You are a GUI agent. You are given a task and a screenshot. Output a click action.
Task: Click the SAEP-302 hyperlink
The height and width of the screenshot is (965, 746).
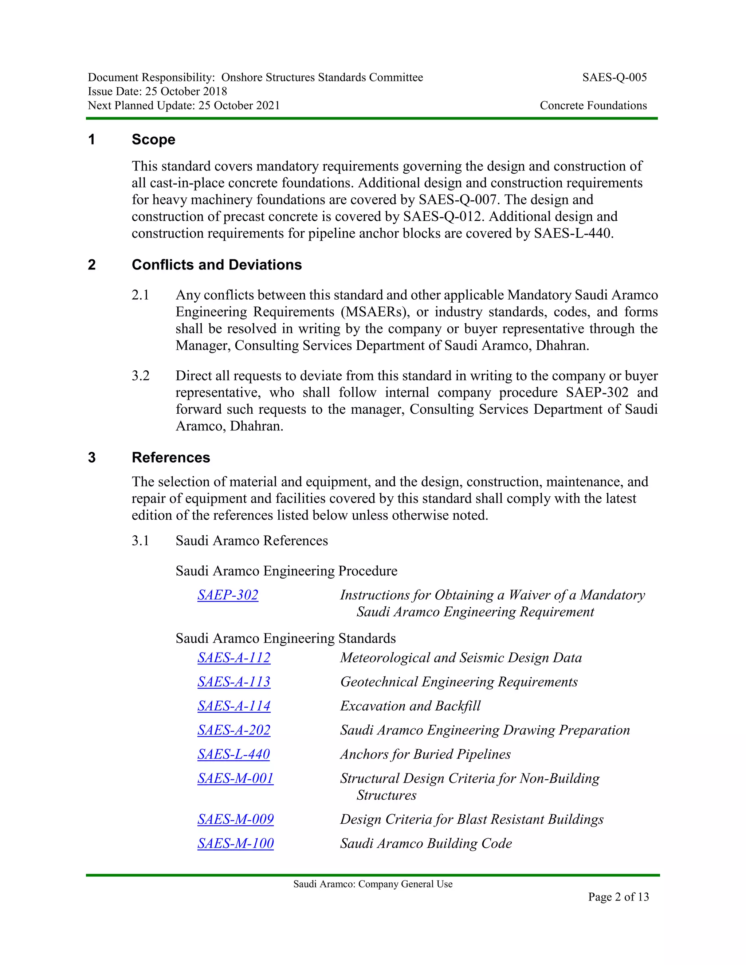[x=228, y=595]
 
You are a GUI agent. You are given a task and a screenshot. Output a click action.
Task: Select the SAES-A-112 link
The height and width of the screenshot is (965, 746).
[x=234, y=658]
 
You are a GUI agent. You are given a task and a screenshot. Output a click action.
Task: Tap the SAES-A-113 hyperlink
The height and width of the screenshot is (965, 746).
[x=234, y=682]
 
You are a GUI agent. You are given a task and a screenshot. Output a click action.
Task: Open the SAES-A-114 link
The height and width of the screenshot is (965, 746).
[x=234, y=706]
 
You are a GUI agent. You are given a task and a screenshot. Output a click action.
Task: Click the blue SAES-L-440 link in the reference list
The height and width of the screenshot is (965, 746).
[x=233, y=754]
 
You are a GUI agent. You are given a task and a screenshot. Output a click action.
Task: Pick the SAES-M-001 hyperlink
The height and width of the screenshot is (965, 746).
[x=236, y=778]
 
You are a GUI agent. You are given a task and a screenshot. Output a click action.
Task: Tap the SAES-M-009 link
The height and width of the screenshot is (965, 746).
[x=236, y=819]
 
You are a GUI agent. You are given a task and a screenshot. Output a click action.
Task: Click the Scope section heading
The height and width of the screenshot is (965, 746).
[x=153, y=139]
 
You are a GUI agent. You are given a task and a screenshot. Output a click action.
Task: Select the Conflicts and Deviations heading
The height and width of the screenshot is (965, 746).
[x=217, y=265]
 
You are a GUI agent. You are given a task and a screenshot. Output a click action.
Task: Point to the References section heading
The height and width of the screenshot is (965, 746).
[x=170, y=457]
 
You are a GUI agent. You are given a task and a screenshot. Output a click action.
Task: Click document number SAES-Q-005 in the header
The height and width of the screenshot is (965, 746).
[x=614, y=78]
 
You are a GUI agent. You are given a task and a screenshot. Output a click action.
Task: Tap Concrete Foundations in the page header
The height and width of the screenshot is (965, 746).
[x=593, y=106]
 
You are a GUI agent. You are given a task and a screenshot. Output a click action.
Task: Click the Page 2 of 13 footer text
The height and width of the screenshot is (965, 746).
[x=618, y=897]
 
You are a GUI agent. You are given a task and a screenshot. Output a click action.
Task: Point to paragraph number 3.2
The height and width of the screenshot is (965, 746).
[x=141, y=376]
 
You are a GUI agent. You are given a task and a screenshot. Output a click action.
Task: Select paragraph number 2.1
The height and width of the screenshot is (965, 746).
[x=141, y=295]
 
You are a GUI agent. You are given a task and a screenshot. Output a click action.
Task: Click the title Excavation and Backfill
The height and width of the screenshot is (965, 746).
[x=410, y=706]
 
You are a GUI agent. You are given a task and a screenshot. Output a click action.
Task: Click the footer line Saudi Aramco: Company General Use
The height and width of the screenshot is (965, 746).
[x=373, y=884]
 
